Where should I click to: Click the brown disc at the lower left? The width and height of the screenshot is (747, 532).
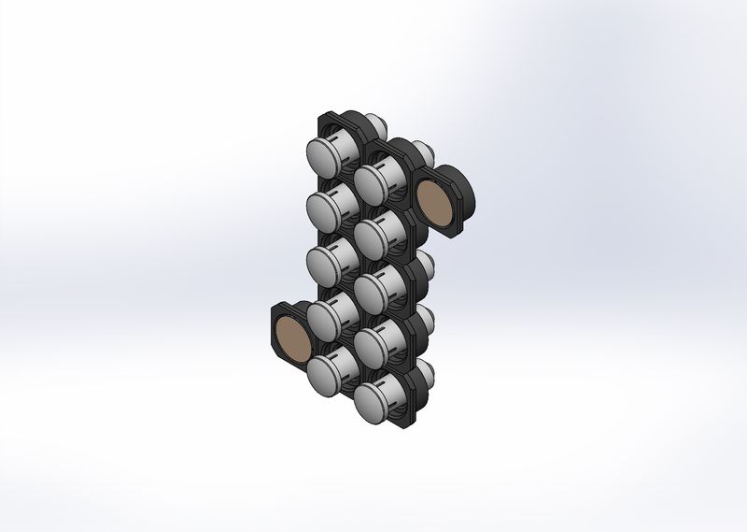292,338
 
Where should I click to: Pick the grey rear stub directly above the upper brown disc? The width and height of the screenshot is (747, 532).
422,150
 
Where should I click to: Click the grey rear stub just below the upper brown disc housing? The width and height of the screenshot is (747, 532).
426,258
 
